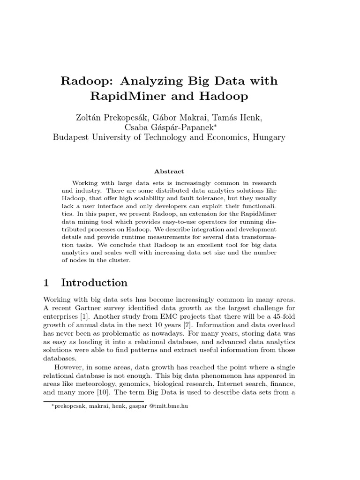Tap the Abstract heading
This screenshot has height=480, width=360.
click(x=169, y=172)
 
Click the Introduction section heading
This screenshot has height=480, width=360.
click(x=94, y=283)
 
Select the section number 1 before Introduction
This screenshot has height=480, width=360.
click(x=46, y=283)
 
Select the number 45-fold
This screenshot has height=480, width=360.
click(x=281, y=316)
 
